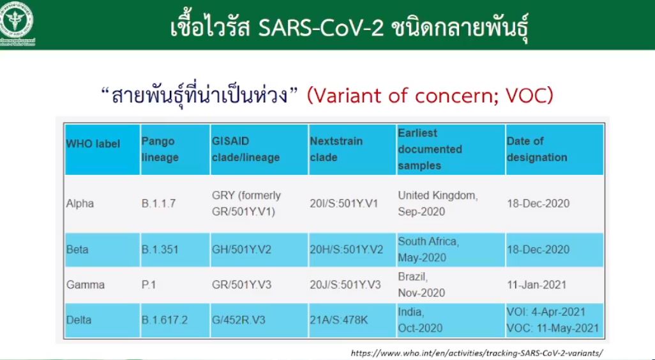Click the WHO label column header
tap(93, 144)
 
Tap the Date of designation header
tap(537, 149)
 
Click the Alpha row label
tap(80, 204)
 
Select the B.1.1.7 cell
tap(159, 204)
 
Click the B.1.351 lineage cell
tap(160, 250)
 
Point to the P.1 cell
tap(149, 285)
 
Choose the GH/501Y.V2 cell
tap(241, 250)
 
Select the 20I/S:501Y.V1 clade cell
tap(344, 204)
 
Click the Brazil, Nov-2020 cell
tap(421, 285)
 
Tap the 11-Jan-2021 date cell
tap(536, 285)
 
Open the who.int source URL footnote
tap(476, 353)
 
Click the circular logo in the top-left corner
tap(17, 20)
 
